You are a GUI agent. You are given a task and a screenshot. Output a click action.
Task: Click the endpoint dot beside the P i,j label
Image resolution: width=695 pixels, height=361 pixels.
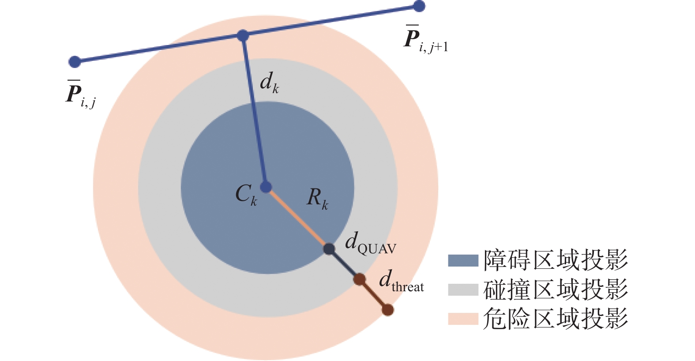75,62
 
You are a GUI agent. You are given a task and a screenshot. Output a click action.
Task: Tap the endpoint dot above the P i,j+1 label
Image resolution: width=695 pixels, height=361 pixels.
419,6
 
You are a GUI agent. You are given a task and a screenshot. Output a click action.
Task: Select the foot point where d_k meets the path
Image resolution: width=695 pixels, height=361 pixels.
243,35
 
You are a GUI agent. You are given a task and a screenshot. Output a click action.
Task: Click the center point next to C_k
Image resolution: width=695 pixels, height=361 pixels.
266,187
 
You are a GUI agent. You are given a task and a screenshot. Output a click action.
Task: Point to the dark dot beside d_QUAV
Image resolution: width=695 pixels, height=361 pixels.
329,249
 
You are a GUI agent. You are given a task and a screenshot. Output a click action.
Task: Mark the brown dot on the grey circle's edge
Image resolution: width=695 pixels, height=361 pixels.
360,279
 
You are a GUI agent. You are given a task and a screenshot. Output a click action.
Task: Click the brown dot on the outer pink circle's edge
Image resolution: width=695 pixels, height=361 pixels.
387,310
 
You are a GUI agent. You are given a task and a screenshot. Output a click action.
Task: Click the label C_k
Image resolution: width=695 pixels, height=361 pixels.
246,195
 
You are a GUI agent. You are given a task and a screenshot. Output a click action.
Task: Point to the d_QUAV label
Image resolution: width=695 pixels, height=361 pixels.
370,244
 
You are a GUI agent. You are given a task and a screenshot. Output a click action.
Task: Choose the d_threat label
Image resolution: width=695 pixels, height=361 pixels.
401,281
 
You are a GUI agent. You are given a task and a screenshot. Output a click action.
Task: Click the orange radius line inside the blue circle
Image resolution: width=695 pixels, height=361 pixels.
297,218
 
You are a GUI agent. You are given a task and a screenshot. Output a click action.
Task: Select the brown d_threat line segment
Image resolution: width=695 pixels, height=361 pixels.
374,295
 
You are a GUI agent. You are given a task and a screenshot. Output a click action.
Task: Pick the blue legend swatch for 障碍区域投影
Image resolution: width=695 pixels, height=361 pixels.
463,260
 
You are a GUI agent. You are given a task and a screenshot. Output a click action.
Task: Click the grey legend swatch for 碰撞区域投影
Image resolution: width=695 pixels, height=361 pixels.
463,290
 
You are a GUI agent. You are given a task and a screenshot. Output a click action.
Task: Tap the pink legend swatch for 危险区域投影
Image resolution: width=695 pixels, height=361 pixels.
463,319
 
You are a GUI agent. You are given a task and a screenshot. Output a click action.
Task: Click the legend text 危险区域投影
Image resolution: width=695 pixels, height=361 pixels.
555,319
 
